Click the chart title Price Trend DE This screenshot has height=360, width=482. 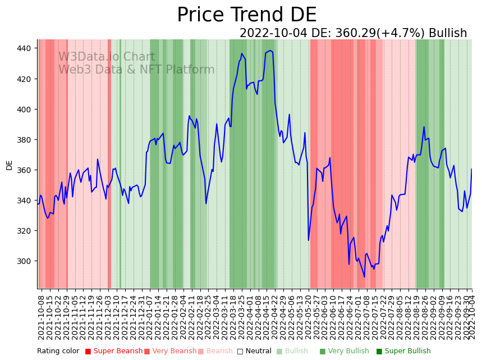246,15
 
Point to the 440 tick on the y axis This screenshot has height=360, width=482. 25,48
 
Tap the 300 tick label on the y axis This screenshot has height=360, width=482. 25,261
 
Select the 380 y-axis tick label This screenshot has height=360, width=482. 25,139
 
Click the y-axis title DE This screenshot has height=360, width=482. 10,165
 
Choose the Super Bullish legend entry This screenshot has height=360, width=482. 403,351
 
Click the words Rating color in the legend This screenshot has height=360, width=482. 58,351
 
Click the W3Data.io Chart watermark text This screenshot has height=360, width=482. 107,57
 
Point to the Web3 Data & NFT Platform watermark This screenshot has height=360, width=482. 136,70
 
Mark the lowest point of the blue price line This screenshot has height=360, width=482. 364,276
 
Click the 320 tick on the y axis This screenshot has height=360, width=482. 25,231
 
